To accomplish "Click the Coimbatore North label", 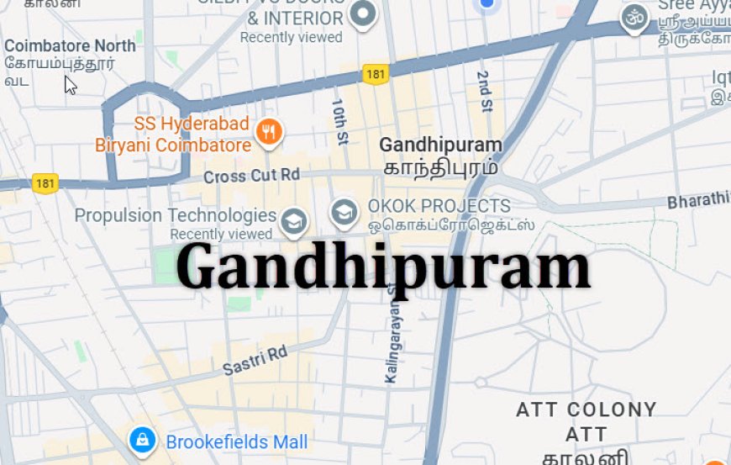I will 71,45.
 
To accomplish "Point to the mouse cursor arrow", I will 70,84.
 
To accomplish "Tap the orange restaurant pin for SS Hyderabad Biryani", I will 269,132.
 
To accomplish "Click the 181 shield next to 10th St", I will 376,75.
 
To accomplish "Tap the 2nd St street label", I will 484,87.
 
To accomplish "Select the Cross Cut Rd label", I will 251,176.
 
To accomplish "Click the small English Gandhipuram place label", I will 440,145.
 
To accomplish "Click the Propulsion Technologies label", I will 176,216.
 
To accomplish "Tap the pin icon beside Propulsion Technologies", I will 293,221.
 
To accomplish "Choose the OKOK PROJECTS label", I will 439,206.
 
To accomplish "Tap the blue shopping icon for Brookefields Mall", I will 142,439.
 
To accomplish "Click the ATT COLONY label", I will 586,410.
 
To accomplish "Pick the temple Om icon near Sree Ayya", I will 634,17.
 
